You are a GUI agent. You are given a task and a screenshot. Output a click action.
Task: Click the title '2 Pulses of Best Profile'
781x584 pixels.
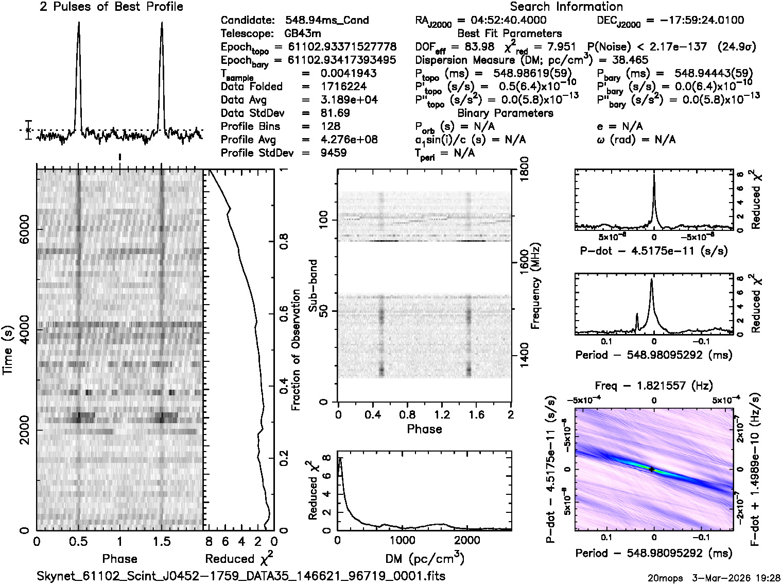(111, 7)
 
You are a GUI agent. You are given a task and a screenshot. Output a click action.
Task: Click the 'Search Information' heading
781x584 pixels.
(566, 7)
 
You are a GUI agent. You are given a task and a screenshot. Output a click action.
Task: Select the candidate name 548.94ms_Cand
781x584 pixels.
(327, 21)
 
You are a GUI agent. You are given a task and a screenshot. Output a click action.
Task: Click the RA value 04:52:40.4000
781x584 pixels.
(502, 21)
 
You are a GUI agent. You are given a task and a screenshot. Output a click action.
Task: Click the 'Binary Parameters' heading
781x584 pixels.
(505, 113)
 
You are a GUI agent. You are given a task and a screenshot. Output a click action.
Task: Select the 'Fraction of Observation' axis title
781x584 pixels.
(296, 349)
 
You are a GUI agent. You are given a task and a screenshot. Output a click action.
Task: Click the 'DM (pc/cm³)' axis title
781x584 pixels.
(425, 558)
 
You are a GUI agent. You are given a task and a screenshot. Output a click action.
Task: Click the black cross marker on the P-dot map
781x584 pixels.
(651, 469)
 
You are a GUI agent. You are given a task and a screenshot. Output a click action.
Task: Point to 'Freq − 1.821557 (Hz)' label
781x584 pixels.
(654, 386)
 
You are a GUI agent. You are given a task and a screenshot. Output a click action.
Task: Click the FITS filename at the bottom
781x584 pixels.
(241, 576)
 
